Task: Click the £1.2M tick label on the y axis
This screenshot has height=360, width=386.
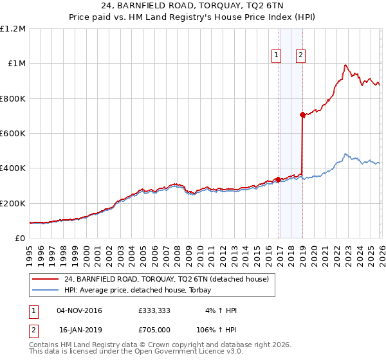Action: pyautogui.click(x=13, y=29)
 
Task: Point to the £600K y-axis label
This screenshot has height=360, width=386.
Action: pyautogui.click(x=13, y=134)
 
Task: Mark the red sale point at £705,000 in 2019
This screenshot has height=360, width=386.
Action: pyautogui.click(x=302, y=115)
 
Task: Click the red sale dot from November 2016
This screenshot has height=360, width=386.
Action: pyautogui.click(x=278, y=180)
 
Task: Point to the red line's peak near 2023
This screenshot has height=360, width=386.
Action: pyautogui.click(x=345, y=65)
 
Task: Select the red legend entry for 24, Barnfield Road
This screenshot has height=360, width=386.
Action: pyautogui.click(x=170, y=279)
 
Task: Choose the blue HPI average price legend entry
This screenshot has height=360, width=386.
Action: pyautogui.click(x=142, y=290)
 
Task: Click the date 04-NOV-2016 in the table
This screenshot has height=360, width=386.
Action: pyautogui.click(x=79, y=310)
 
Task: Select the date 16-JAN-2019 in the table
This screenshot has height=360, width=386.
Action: pyautogui.click(x=79, y=330)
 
